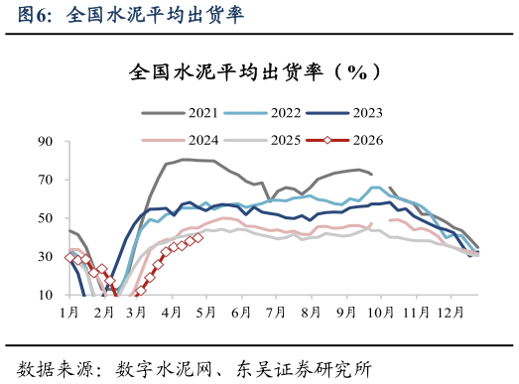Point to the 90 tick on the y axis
[44, 142]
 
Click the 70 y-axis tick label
[44, 180]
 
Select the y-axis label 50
[44, 218]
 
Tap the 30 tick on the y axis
[44, 256]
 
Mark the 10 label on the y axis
[44, 295]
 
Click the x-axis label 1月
[69, 313]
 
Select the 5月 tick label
[205, 313]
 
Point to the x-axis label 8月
[307, 313]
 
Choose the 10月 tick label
[378, 313]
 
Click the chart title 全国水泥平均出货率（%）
[254, 72]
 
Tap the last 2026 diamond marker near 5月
[198, 237]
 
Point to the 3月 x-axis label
[137, 313]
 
